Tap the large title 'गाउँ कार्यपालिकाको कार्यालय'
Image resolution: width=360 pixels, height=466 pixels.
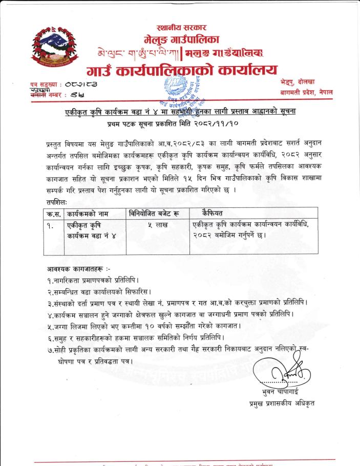[x=182, y=70]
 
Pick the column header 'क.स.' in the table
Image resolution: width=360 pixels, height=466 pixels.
[x=53, y=213]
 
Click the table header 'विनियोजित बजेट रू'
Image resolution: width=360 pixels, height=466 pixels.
[x=156, y=213]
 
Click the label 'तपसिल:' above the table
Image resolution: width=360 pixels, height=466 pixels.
[x=57, y=201]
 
